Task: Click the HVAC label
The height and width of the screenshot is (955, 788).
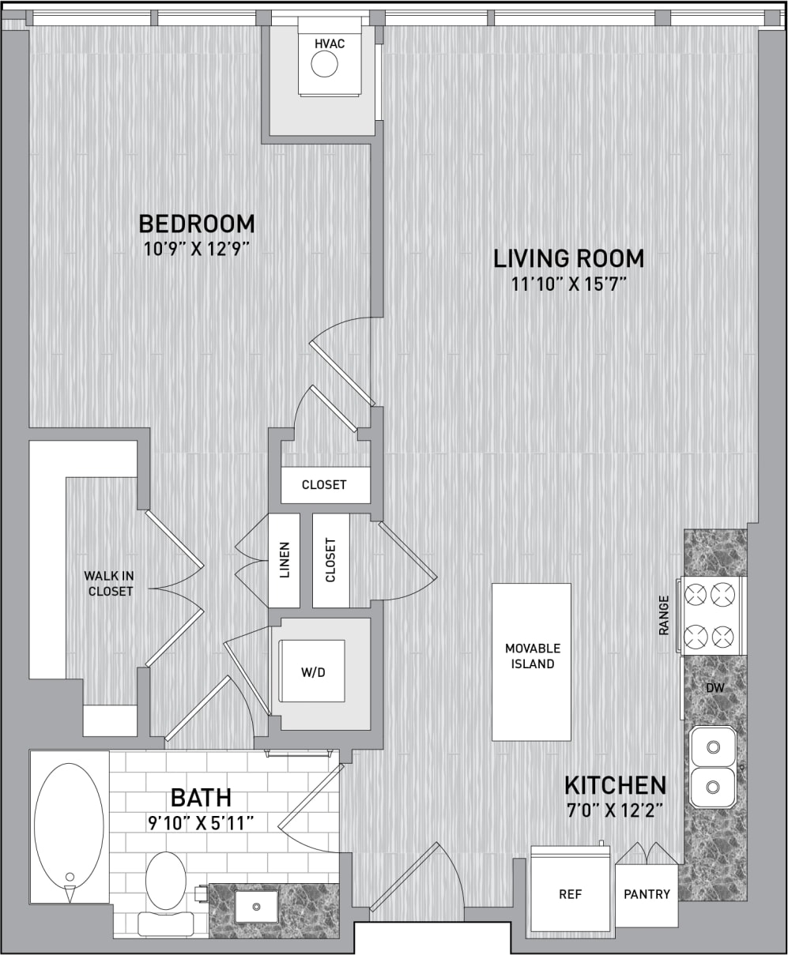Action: tap(330, 43)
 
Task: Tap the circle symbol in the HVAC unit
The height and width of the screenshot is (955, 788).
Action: tap(324, 65)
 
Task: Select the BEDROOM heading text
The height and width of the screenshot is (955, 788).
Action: tap(197, 224)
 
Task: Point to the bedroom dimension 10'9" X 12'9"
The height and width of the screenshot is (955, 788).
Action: tap(197, 250)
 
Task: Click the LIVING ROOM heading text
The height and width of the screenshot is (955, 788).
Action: tap(568, 258)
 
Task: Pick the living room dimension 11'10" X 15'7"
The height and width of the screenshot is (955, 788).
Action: tap(568, 284)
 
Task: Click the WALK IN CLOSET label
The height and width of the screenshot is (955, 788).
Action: tap(111, 583)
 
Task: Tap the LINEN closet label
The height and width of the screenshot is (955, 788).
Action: tap(285, 560)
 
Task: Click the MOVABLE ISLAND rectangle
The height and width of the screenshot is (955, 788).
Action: tap(532, 661)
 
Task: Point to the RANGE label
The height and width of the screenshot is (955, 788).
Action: tap(664, 615)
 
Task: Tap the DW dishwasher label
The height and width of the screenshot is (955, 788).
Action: tap(714, 688)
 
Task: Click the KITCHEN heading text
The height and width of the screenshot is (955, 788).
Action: tap(615, 785)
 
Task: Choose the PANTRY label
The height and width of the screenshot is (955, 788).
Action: tap(647, 894)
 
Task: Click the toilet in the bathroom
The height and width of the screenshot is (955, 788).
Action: tap(166, 889)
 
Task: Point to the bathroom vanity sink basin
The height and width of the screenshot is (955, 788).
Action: tap(255, 905)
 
